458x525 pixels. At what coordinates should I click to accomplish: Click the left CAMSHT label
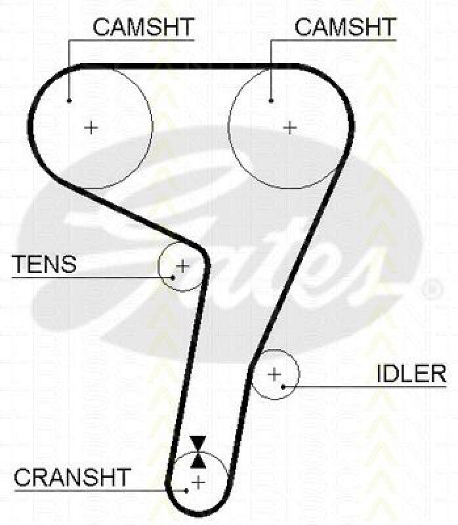tap(143, 27)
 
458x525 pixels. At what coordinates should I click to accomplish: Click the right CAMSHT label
tap(345, 27)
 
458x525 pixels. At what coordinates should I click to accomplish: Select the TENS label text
tap(45, 264)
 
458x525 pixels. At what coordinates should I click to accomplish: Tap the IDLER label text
tap(411, 374)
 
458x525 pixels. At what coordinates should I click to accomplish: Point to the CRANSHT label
tap(73, 477)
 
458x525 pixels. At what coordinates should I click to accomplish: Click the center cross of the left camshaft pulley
tap(91, 127)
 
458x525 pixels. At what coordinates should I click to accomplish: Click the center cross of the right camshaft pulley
tap(290, 127)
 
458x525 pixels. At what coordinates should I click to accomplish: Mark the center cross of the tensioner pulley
tap(182, 266)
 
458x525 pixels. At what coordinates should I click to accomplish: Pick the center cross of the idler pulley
tap(274, 374)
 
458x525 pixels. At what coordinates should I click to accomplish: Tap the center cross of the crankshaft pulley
tap(198, 483)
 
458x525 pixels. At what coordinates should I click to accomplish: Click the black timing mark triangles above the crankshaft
tap(197, 451)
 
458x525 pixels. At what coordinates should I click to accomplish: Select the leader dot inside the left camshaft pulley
tap(69, 100)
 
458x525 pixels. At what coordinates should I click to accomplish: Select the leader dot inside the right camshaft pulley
tap(270, 100)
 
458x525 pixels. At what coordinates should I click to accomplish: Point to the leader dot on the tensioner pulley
tap(173, 277)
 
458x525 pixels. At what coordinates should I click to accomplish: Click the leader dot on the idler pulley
tap(283, 386)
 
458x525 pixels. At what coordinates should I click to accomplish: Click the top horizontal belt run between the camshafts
tap(190, 66)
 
